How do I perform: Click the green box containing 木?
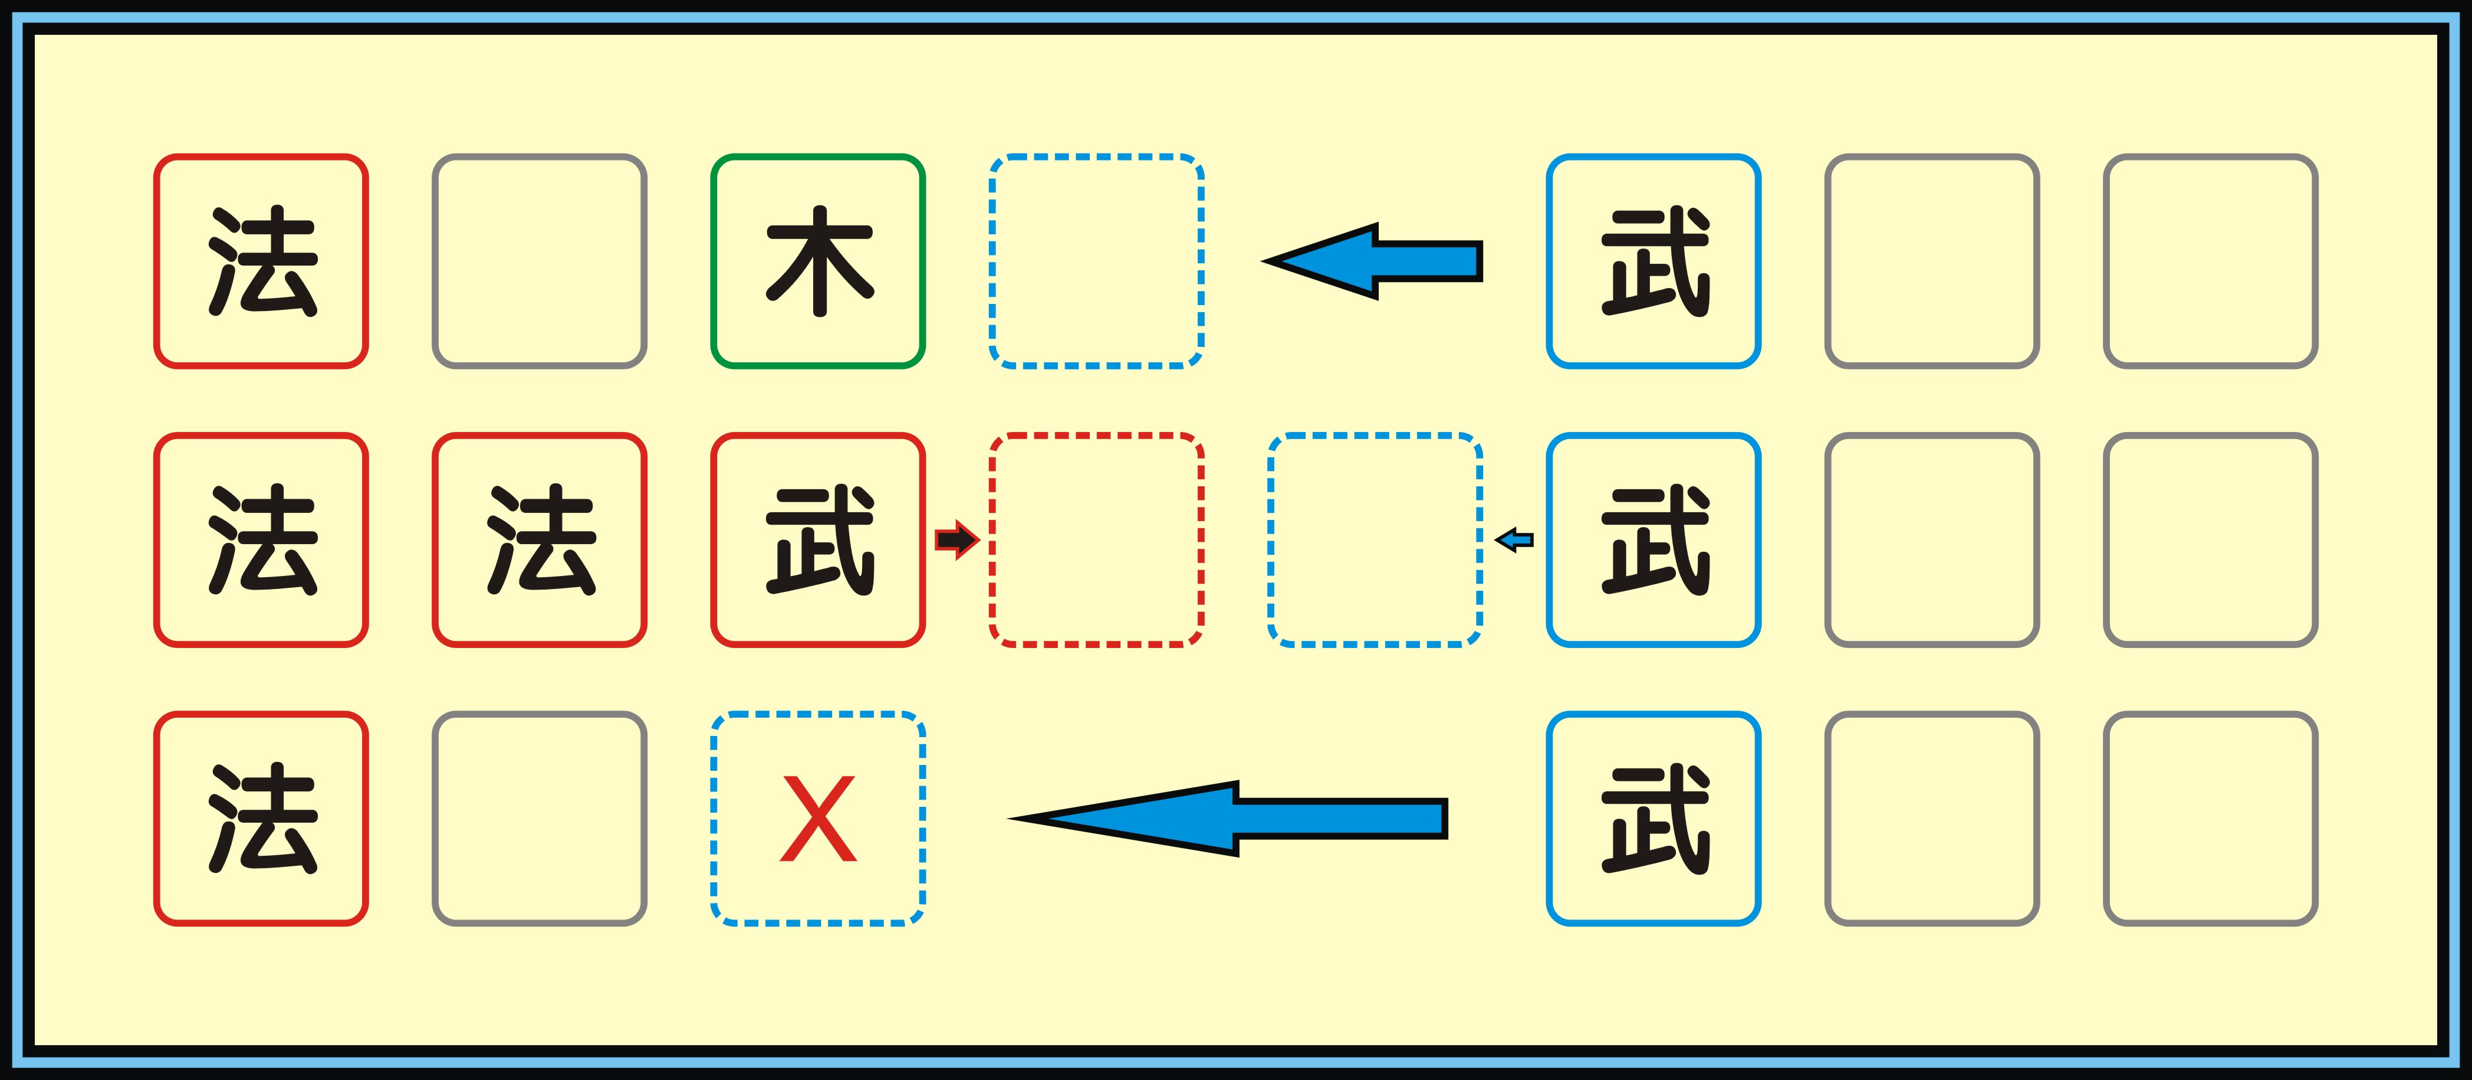tap(817, 261)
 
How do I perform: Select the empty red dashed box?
tap(1096, 539)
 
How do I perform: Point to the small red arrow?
tap(956, 539)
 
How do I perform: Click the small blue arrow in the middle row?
tap(1514, 541)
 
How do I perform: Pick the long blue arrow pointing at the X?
tap(1228, 818)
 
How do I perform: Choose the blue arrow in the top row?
tap(1372, 261)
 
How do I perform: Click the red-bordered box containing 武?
tap(817, 539)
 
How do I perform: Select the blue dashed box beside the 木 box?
tap(1096, 261)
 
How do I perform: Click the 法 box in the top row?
tap(261, 261)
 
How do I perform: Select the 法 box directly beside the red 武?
tap(540, 539)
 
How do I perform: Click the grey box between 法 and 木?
tap(540, 261)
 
